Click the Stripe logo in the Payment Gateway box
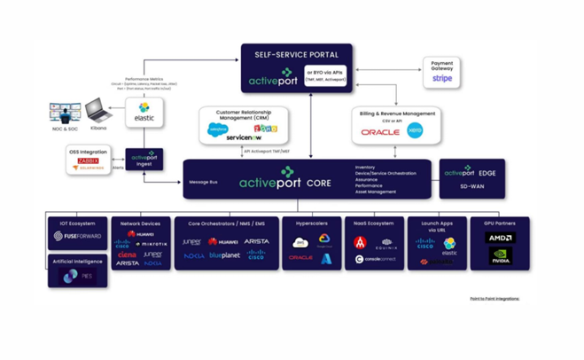pyautogui.click(x=441, y=78)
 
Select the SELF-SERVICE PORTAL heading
pyautogui.click(x=297, y=54)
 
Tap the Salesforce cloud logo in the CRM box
pyautogui.click(x=218, y=129)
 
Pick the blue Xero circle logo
pyautogui.click(x=415, y=131)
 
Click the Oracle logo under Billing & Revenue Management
pyautogui.click(x=380, y=132)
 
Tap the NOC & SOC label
pyautogui.click(x=64, y=129)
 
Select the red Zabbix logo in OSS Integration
pyautogui.click(x=89, y=160)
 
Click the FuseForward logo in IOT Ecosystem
pyautogui.click(x=77, y=237)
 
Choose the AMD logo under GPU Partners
pyautogui.click(x=501, y=238)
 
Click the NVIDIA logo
pyautogui.click(x=501, y=255)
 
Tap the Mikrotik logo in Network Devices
pyautogui.click(x=152, y=244)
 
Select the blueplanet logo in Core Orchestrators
pyautogui.click(x=225, y=255)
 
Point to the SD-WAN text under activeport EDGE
pyautogui.click(x=471, y=187)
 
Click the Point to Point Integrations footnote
pyautogui.click(x=494, y=299)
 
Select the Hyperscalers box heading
pyautogui.click(x=311, y=223)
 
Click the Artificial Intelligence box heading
pyautogui.click(x=77, y=261)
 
